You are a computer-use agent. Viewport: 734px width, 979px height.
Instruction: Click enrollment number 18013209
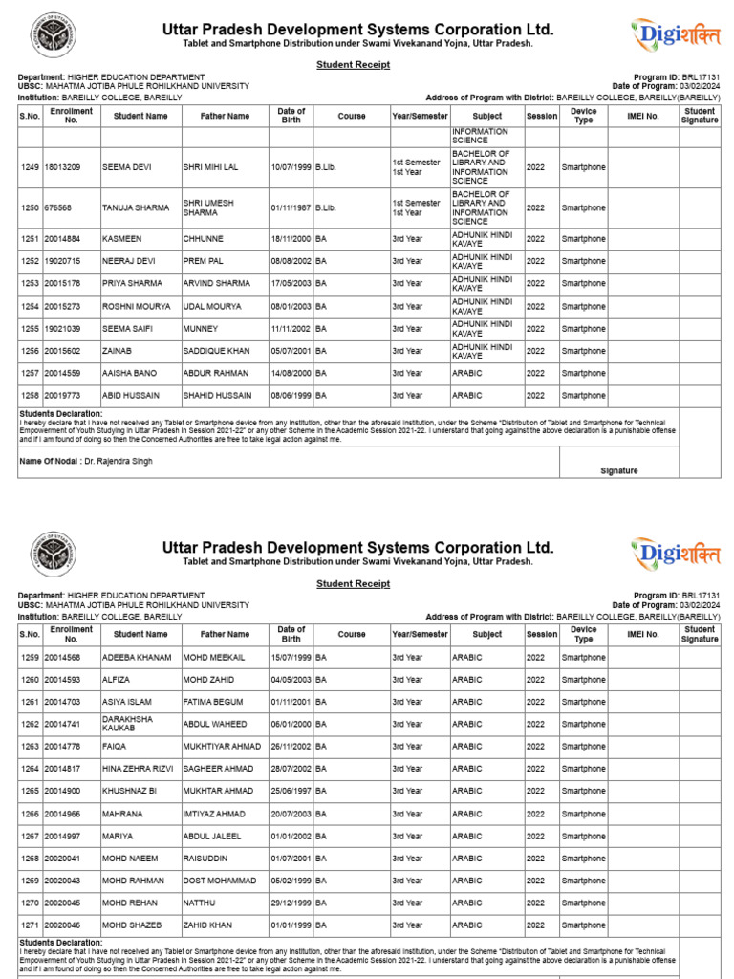(62, 167)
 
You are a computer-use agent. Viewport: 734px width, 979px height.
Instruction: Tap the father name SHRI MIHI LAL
(211, 167)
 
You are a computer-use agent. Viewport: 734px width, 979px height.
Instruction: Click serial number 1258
(30, 395)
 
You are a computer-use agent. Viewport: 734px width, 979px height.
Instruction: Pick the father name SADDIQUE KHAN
(218, 351)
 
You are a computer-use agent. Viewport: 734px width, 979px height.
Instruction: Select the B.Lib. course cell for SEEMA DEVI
(326, 167)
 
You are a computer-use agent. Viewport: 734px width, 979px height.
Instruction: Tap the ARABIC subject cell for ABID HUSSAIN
(467, 395)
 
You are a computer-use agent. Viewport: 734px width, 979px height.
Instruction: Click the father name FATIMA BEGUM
(215, 702)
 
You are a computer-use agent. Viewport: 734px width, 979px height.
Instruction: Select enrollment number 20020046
(64, 925)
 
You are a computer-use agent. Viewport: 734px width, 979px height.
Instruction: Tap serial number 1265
(30, 792)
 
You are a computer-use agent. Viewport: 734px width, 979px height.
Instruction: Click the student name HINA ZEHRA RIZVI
(139, 769)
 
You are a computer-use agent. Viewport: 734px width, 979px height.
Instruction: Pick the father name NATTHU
(200, 903)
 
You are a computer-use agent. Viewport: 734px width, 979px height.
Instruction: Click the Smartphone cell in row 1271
(583, 925)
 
